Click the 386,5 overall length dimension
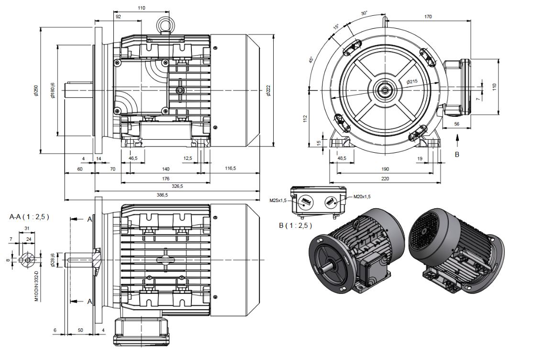click(x=162, y=195)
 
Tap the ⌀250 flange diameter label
click(x=36, y=91)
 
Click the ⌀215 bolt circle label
click(x=412, y=82)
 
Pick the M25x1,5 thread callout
click(x=278, y=201)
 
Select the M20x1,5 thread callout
click(x=362, y=196)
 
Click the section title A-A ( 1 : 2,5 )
click(x=29, y=216)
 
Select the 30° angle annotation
click(x=364, y=13)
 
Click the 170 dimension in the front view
click(x=428, y=17)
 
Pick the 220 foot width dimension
click(x=385, y=178)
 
